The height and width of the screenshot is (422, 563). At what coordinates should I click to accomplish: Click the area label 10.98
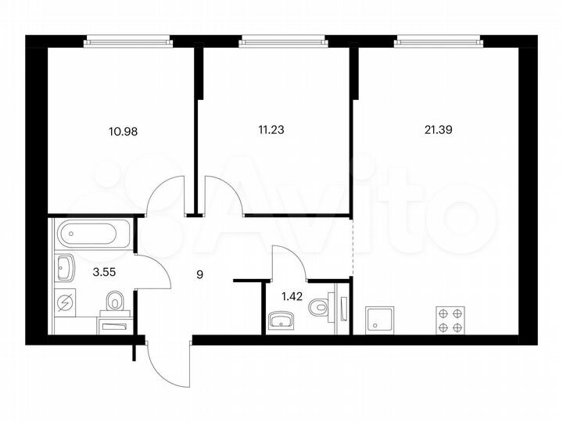(124, 131)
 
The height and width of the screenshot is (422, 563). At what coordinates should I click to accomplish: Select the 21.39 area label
(438, 131)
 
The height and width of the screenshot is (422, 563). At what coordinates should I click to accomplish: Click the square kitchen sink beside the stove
(382, 319)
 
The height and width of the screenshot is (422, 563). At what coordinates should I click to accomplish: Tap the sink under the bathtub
(66, 268)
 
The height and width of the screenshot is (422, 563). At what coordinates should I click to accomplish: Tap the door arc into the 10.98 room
(166, 195)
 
